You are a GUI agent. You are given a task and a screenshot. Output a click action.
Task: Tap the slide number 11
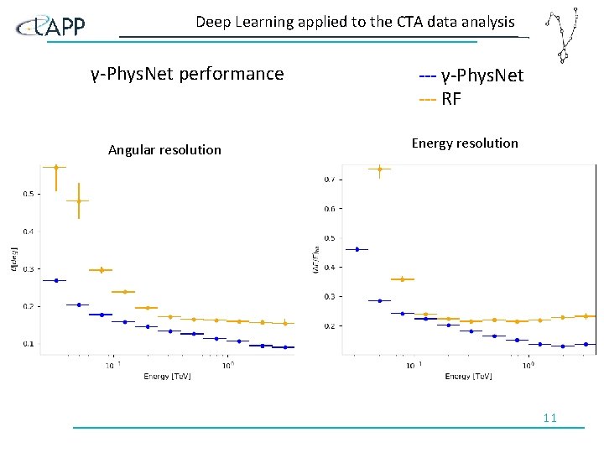click(550, 418)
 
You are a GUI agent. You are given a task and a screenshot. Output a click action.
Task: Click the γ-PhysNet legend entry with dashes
click(471, 75)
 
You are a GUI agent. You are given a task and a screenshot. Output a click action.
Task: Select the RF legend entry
click(440, 99)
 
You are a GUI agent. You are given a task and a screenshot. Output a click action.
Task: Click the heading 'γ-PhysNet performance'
click(187, 74)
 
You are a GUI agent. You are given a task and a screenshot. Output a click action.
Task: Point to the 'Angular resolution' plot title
click(164, 150)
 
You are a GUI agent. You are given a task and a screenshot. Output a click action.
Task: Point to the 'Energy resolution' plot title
click(465, 143)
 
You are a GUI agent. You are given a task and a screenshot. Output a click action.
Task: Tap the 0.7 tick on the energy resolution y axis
click(331, 179)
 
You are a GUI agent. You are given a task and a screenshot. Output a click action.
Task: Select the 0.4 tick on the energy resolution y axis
click(331, 267)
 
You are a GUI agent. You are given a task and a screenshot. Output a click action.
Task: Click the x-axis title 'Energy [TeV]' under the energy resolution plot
click(469, 376)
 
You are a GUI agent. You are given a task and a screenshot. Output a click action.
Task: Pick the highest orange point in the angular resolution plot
click(55, 167)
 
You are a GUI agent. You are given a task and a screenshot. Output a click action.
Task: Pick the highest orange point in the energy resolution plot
click(379, 169)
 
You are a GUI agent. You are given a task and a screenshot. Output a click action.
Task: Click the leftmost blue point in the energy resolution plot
click(357, 249)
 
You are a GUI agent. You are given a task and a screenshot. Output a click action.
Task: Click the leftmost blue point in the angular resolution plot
click(55, 280)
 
